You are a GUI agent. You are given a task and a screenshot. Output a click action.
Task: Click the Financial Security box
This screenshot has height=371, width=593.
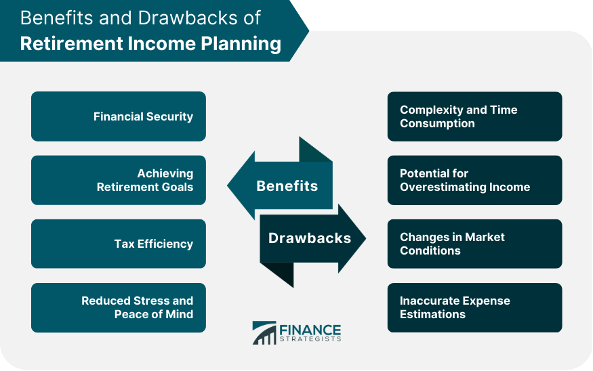pos(119,116)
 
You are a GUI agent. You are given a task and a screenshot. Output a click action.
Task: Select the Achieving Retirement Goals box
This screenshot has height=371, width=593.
pos(119,180)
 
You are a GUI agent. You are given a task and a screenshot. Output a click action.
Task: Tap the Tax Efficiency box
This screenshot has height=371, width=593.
pos(119,244)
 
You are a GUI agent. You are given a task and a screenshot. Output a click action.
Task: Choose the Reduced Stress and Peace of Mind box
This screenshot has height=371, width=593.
pos(119,307)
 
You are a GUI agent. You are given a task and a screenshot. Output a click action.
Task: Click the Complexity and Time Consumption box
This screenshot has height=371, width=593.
pos(474,116)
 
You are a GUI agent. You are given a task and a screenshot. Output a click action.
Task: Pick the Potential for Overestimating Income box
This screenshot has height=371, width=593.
pos(474,180)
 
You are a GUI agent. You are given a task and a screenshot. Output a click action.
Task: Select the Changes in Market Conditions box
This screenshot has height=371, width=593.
pos(474,244)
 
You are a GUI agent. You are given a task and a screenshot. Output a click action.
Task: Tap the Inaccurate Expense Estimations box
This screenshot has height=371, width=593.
pos(474,307)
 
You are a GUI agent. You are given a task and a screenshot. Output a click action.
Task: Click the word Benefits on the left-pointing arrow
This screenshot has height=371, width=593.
pos(287,186)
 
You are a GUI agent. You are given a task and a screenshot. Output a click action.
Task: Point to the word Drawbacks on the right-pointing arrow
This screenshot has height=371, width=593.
pos(310,238)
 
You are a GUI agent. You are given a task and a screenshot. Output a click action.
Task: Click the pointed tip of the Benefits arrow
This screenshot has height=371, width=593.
pos(227,185)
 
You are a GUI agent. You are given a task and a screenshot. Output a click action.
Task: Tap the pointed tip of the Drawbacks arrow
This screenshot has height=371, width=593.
pos(366,238)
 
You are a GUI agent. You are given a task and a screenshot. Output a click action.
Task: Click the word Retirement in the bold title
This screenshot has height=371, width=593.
pos(70,43)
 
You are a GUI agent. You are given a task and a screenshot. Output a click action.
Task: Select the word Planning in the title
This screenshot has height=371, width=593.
pos(241,44)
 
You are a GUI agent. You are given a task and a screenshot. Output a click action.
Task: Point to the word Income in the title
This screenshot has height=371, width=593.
pos(161,43)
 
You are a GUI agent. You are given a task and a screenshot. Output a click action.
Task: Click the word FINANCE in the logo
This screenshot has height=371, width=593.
pos(310,330)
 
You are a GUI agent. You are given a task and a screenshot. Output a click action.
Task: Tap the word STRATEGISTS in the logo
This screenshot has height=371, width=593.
pos(310,339)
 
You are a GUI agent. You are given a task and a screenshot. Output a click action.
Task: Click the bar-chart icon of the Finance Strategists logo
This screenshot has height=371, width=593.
pos(264,333)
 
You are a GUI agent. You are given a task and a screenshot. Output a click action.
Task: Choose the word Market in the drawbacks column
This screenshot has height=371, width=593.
pos(485,237)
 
